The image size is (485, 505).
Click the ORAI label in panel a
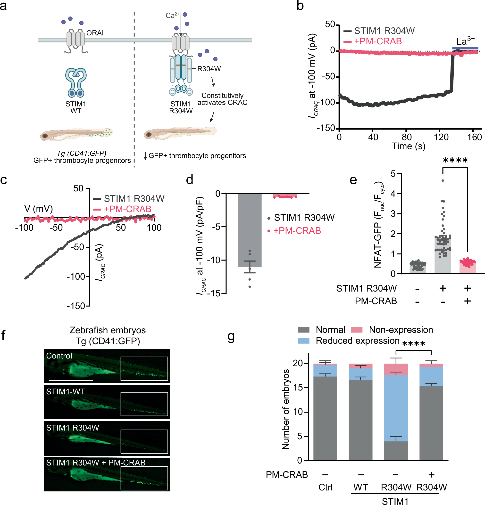click(95, 33)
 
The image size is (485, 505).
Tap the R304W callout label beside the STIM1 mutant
click(209, 69)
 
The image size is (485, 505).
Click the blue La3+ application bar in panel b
click(465, 48)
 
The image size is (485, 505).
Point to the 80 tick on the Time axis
click(407, 137)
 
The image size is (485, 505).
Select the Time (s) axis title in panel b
click(409, 146)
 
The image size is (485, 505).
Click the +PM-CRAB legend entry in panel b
click(378, 41)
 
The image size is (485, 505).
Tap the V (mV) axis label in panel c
click(38, 208)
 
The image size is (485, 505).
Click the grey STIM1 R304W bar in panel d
click(249, 229)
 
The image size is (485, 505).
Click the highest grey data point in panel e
click(443, 180)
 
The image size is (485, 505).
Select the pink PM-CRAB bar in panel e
click(467, 268)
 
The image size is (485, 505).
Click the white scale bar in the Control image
click(71, 380)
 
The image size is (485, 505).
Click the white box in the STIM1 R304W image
click(144, 441)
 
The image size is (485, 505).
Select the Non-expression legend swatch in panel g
click(357, 330)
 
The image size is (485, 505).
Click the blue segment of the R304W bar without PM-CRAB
click(396, 407)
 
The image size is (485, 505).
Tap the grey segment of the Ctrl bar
click(325, 417)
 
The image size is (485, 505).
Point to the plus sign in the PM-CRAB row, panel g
click(431, 475)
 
